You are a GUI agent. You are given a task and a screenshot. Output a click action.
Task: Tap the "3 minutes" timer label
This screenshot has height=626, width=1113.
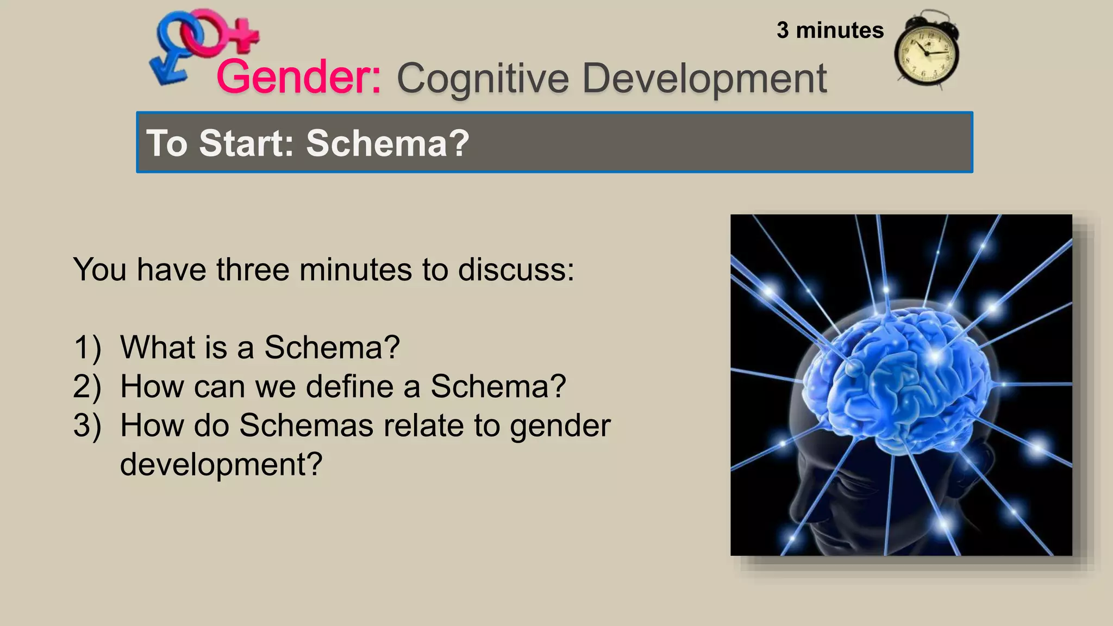(x=830, y=30)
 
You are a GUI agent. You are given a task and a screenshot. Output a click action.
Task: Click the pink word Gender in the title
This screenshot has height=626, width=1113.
(x=298, y=78)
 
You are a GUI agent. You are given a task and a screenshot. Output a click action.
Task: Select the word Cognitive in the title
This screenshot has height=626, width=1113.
(x=483, y=79)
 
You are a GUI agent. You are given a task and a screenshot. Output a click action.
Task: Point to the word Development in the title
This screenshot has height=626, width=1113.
(x=704, y=79)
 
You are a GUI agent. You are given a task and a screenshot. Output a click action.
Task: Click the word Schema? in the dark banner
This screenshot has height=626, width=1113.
(x=387, y=143)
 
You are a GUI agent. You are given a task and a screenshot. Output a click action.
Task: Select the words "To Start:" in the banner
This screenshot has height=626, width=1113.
(x=220, y=143)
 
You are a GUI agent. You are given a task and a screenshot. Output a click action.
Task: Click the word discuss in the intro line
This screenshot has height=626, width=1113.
(x=515, y=270)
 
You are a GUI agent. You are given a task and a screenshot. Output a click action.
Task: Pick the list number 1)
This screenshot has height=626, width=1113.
(x=87, y=348)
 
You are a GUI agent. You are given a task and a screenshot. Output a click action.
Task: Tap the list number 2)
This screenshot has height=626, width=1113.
(x=87, y=387)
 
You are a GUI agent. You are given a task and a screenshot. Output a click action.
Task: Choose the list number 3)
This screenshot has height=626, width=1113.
(x=87, y=426)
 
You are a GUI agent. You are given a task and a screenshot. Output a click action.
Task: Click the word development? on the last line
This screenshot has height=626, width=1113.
(x=221, y=465)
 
